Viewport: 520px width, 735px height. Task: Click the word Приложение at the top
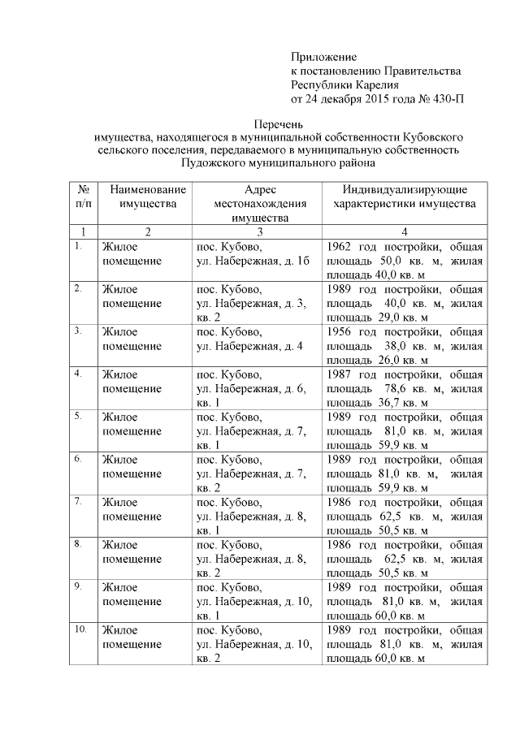pyautogui.click(x=323, y=57)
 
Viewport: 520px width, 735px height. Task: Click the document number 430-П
pyautogui.click(x=448, y=99)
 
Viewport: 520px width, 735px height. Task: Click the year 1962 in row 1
pyautogui.click(x=339, y=246)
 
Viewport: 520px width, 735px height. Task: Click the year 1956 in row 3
pyautogui.click(x=339, y=331)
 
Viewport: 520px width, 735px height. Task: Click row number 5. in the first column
pyautogui.click(x=77, y=417)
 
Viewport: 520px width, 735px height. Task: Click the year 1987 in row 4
pyautogui.click(x=339, y=374)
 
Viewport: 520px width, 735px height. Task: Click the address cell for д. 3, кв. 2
pyautogui.click(x=253, y=303)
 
